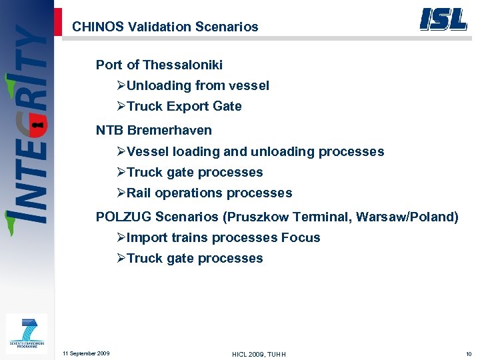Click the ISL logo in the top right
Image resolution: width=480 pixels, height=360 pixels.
[x=443, y=19]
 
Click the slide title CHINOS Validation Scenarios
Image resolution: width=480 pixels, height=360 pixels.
[x=165, y=27]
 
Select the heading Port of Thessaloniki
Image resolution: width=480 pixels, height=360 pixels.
[x=159, y=65]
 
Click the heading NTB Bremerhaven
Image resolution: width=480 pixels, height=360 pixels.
[x=153, y=130]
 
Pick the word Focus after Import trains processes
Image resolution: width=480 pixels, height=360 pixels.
[x=301, y=237]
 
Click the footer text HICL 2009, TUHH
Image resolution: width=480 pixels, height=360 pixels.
[x=259, y=354]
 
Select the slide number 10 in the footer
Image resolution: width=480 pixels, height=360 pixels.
[x=469, y=353]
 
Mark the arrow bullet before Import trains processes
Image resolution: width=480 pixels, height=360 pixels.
[x=121, y=238]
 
